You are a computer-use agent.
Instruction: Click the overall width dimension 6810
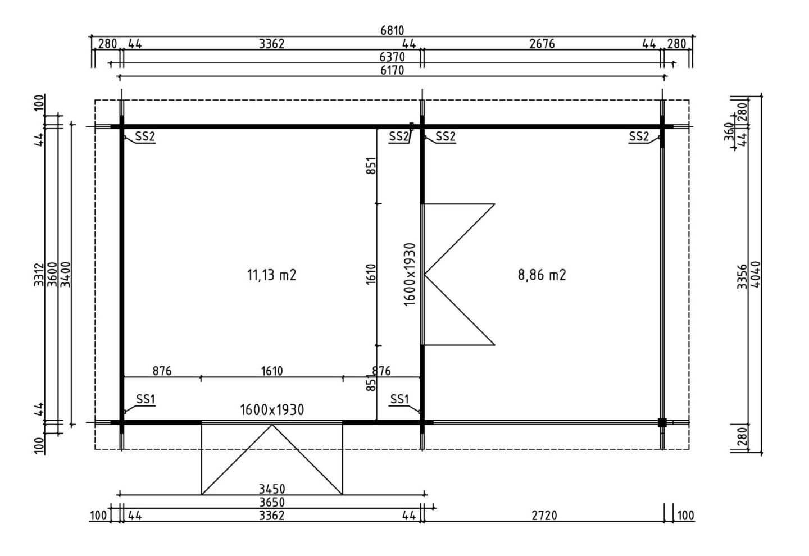click(x=392, y=30)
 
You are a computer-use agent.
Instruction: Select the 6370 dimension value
click(x=392, y=57)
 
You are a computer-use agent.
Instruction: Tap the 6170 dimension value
click(x=392, y=70)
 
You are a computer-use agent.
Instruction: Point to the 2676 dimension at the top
click(x=542, y=44)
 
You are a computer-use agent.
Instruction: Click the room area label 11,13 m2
click(x=271, y=275)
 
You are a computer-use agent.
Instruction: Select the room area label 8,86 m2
click(x=542, y=275)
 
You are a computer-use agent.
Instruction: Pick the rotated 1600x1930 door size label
click(x=410, y=275)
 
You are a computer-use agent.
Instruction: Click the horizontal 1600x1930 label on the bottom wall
click(x=272, y=410)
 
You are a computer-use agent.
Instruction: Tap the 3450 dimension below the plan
click(x=272, y=489)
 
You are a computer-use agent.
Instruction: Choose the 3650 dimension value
click(x=272, y=502)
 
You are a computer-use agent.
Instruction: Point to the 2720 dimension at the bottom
click(x=544, y=516)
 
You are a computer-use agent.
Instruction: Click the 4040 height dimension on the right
click(x=755, y=275)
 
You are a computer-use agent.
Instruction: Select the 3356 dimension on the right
click(x=742, y=276)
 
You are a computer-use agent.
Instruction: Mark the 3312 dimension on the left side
click(x=39, y=275)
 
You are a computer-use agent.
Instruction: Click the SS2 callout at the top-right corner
click(x=639, y=136)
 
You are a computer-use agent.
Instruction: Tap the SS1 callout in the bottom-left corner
click(x=146, y=399)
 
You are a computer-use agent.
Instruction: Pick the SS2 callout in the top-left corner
click(x=145, y=136)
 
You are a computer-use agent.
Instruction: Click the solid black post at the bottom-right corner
click(x=662, y=422)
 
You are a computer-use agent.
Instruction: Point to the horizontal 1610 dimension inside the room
click(x=272, y=371)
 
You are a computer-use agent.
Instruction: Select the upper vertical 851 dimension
click(x=371, y=166)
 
